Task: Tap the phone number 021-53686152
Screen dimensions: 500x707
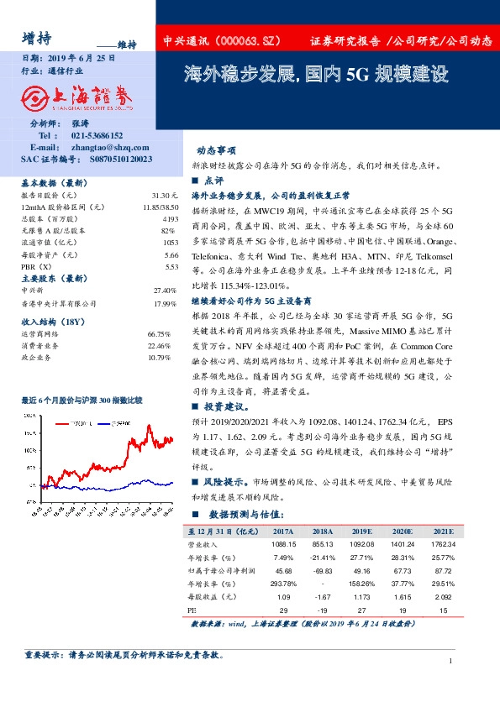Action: click(x=97, y=135)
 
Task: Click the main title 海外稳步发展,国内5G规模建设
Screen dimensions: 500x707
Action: click(x=316, y=74)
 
